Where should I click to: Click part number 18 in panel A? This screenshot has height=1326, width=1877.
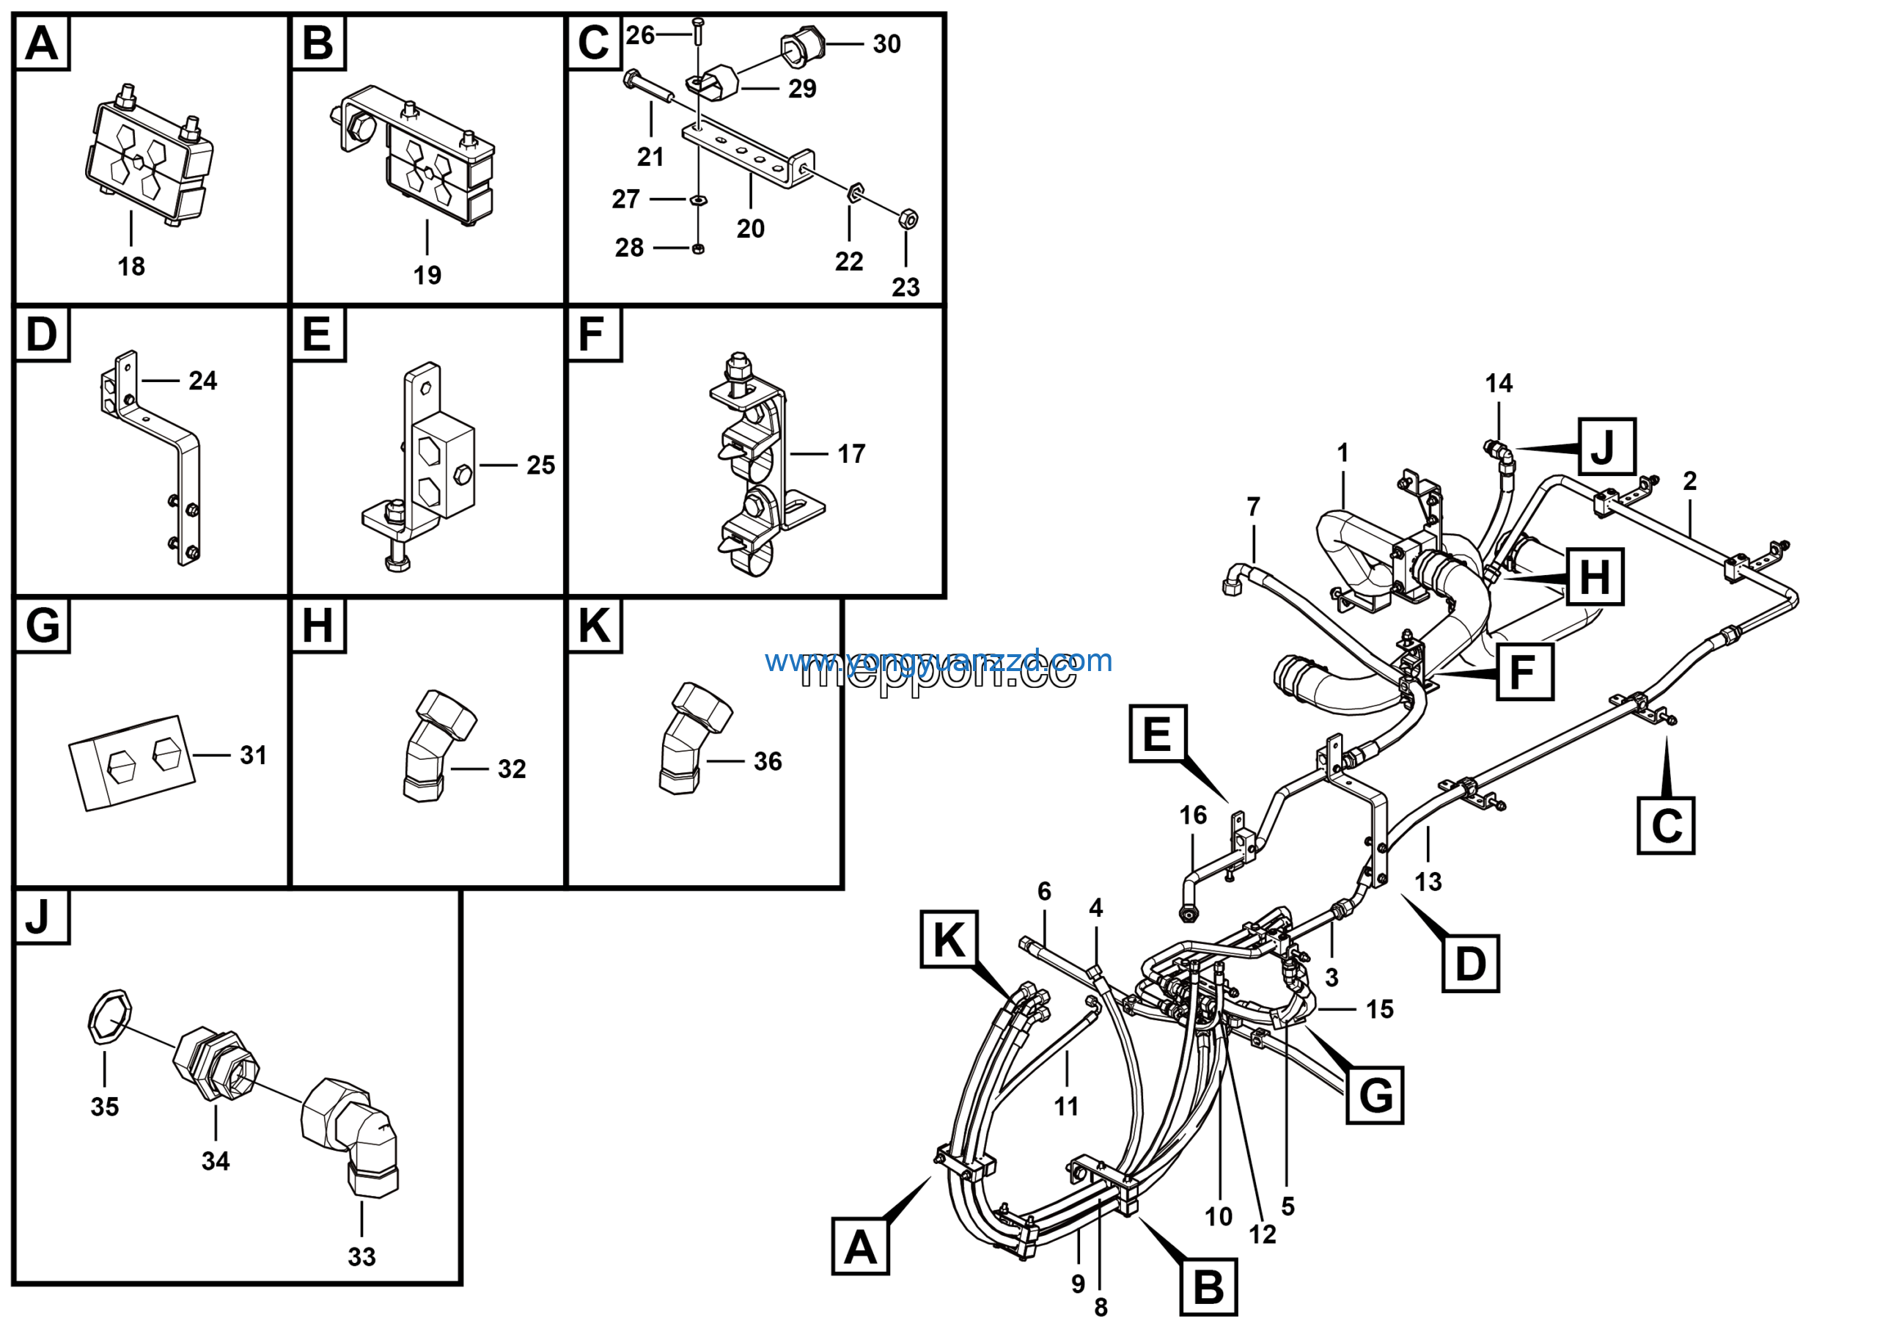(131, 266)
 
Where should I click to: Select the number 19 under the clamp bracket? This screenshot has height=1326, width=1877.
(427, 276)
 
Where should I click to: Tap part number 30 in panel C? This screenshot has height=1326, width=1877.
(886, 44)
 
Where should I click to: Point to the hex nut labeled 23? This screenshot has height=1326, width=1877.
(908, 219)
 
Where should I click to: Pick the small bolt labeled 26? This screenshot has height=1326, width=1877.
(697, 33)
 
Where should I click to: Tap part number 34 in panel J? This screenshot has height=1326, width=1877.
(216, 1161)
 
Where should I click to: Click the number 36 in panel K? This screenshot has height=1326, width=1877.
(768, 762)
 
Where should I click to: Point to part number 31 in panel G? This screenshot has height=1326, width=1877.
(254, 755)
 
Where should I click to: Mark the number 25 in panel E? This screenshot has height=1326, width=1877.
(540, 465)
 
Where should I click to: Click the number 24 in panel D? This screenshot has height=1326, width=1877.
(203, 381)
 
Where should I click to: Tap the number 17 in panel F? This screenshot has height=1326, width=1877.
(851, 455)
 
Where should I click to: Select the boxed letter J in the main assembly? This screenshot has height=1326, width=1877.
(1606, 447)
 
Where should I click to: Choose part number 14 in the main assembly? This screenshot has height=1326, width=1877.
(1499, 384)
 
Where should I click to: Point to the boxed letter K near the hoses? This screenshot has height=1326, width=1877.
(948, 939)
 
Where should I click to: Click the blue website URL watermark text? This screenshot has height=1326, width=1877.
(938, 661)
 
